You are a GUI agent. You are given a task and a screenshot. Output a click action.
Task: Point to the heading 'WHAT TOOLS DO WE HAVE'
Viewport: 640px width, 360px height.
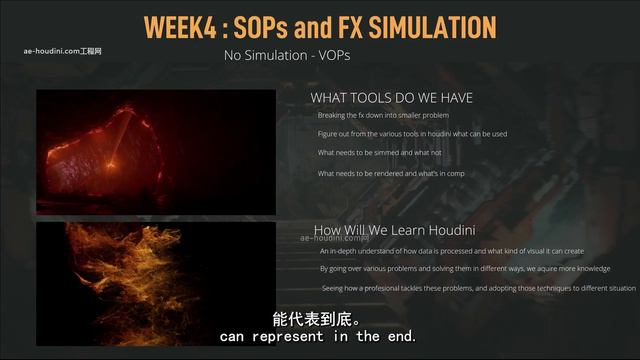pyautogui.click(x=391, y=97)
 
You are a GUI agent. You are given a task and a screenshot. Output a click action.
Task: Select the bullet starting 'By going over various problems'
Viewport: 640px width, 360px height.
pyautogui.click(x=464, y=269)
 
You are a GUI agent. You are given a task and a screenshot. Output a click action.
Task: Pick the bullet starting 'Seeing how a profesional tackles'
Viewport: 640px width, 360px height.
pyautogui.click(x=478, y=288)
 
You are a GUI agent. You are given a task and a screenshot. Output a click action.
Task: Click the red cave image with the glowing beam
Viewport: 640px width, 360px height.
pyautogui.click(x=155, y=152)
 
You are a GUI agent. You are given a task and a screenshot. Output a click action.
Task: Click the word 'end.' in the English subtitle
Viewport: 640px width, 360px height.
pyautogui.click(x=398, y=337)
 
